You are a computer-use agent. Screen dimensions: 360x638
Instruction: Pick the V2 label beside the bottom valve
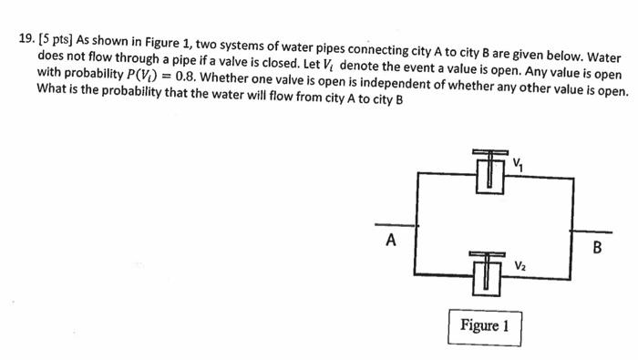[520, 265]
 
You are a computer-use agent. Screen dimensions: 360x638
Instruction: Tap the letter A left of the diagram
[390, 241]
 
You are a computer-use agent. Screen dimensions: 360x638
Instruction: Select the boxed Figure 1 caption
[484, 325]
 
